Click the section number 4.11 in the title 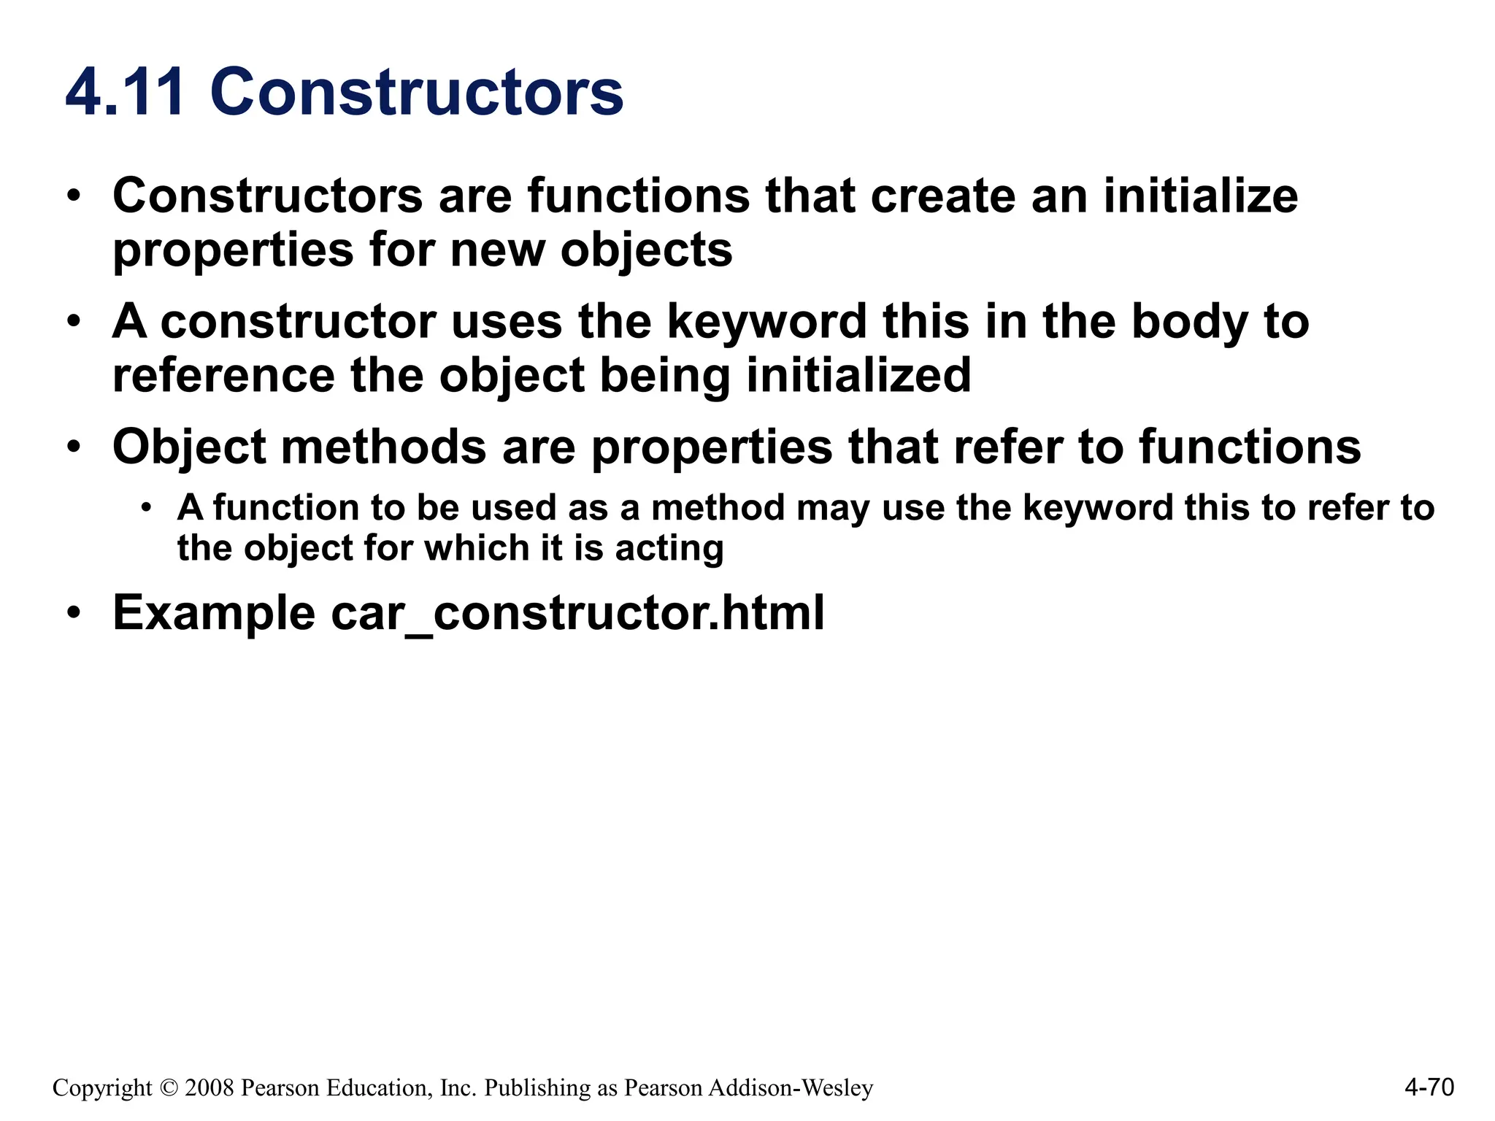(124, 93)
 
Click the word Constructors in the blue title (417, 93)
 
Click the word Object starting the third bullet (189, 447)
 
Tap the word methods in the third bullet (383, 447)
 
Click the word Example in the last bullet (213, 612)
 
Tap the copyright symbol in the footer (169, 1088)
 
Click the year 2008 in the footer (210, 1088)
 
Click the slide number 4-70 (1429, 1087)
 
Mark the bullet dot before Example (74, 612)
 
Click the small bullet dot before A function (147, 507)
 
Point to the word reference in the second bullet (223, 375)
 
